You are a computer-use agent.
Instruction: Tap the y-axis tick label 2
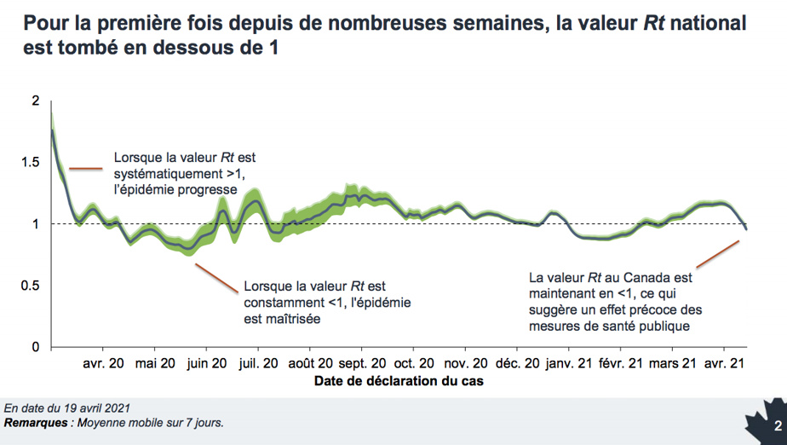pos(35,101)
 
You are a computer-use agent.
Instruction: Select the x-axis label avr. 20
pos(103,363)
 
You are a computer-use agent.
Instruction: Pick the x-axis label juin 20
pos(206,363)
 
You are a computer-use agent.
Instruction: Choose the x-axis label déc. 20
pos(518,363)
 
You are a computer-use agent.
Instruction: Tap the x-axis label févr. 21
pos(622,363)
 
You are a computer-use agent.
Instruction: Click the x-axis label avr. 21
pos(724,363)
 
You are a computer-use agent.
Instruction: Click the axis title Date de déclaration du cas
pos(399,381)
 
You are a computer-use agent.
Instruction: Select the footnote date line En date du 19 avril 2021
pos(67,408)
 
